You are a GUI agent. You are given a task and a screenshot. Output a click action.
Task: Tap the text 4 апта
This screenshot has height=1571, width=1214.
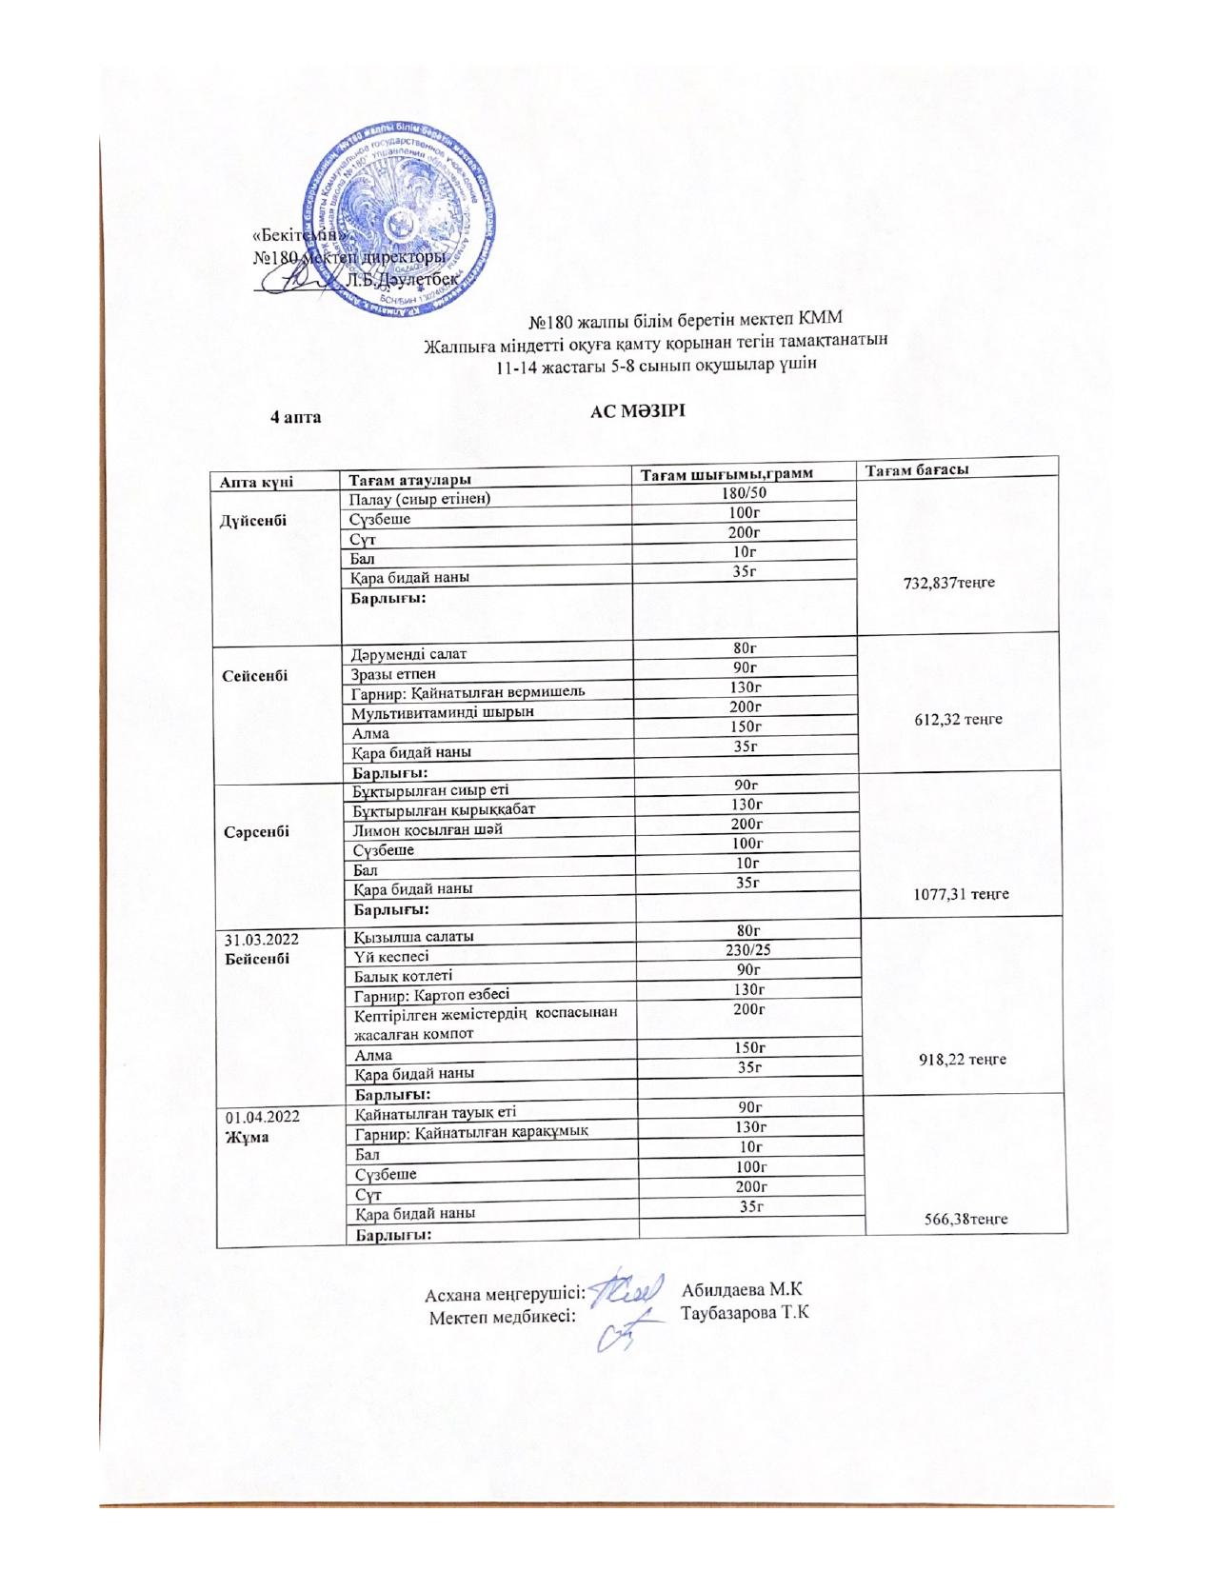pyautogui.click(x=296, y=417)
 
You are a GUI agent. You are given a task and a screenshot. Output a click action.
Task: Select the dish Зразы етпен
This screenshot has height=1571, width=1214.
pyautogui.click(x=393, y=674)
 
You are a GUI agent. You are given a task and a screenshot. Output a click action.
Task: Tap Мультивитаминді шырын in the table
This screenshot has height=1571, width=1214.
pyautogui.click(x=442, y=712)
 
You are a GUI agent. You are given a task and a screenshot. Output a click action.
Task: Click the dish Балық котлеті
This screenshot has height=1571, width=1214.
pyautogui.click(x=403, y=975)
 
